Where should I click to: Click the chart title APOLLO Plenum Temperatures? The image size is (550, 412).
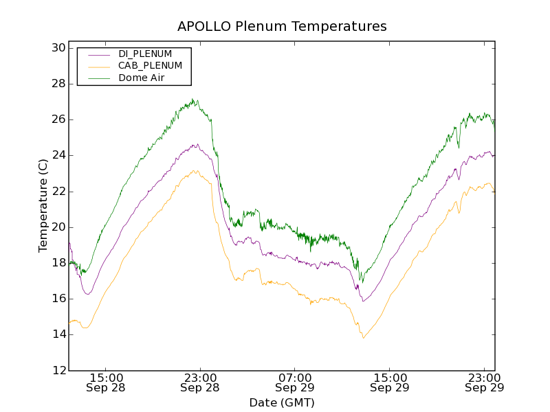click(x=282, y=26)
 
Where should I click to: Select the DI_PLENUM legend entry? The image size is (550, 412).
click(x=145, y=54)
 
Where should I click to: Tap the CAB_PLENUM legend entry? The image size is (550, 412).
click(x=150, y=66)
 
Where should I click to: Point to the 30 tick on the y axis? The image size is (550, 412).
click(x=58, y=48)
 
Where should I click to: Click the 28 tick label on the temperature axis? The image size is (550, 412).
click(x=58, y=84)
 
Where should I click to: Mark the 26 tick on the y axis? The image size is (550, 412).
click(x=58, y=119)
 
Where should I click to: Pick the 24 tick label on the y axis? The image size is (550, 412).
click(x=58, y=155)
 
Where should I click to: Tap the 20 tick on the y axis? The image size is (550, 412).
click(x=58, y=227)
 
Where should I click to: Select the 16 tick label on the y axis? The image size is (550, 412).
click(x=58, y=299)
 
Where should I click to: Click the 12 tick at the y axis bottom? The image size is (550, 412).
click(x=58, y=370)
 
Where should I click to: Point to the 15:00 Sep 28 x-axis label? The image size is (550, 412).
click(x=105, y=382)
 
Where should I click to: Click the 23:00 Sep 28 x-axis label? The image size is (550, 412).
click(x=200, y=382)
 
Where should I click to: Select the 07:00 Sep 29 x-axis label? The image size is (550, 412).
click(x=295, y=382)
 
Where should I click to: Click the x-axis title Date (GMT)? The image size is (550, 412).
click(x=282, y=402)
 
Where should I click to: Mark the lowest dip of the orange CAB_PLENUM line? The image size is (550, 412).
click(x=363, y=338)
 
